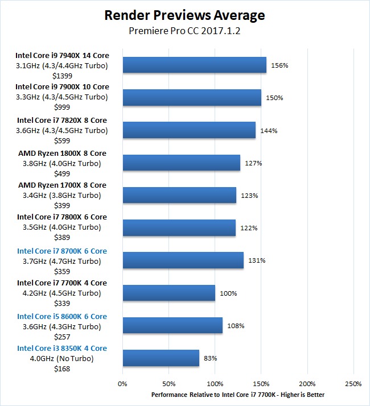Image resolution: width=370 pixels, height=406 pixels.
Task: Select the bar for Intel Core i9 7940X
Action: [194, 65]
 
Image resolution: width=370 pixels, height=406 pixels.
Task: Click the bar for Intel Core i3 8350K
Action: [161, 358]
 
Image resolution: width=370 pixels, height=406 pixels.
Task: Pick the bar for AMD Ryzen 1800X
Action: [181, 163]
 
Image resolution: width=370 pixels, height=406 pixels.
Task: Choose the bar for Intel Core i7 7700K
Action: [168, 293]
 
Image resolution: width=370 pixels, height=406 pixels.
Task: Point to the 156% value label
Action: [279, 65]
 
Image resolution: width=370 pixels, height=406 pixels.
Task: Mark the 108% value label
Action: [233, 326]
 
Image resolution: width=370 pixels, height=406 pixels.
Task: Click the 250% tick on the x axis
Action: [353, 384]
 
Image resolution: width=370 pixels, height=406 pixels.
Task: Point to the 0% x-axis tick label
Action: [122, 384]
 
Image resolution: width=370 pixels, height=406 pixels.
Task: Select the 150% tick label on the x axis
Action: [261, 384]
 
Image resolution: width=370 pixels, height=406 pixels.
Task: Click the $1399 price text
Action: [62, 75]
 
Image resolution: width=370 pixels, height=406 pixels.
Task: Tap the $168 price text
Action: [62, 368]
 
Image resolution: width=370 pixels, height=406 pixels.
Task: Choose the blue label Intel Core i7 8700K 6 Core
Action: [62, 251]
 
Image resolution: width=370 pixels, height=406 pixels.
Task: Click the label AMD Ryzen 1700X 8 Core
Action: [62, 185]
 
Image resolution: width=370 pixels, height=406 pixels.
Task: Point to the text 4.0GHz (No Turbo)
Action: [62, 358]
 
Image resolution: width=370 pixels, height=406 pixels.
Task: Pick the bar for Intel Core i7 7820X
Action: [189, 131]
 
